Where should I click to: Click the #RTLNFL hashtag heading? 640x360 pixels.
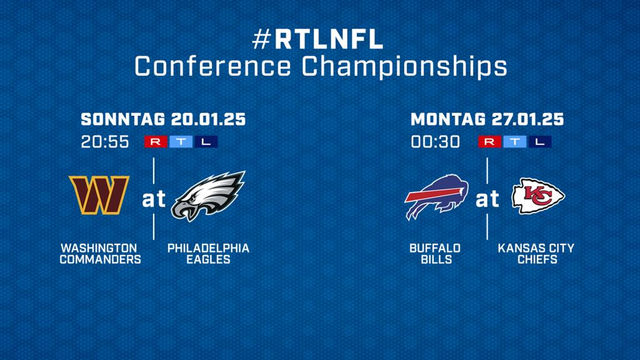[x=318, y=39]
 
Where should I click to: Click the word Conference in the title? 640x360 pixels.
[x=212, y=66]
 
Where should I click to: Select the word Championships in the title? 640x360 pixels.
[x=404, y=66]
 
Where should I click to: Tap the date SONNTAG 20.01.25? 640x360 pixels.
[x=163, y=119]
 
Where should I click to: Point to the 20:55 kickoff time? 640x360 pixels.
[x=105, y=142]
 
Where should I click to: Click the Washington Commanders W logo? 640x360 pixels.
[x=99, y=195]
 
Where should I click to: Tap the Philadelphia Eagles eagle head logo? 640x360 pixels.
[x=208, y=196]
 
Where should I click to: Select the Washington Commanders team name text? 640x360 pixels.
[x=101, y=254]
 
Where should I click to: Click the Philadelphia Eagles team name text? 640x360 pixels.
[x=208, y=254]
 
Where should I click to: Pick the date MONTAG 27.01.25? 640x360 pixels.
[x=487, y=119]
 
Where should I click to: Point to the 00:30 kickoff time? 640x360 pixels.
[x=435, y=142]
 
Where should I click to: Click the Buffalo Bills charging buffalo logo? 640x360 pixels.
[x=436, y=197]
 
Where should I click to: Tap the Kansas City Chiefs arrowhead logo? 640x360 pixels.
[x=538, y=196]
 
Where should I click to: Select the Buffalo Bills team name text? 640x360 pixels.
[x=435, y=254]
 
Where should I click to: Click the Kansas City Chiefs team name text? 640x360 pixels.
[x=536, y=254]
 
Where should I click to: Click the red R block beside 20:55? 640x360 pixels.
[x=156, y=142]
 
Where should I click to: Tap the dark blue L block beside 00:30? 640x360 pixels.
[x=540, y=142]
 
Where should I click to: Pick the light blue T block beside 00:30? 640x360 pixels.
[x=515, y=142]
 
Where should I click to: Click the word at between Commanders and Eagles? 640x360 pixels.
[x=154, y=199]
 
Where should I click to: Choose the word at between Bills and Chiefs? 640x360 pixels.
[x=487, y=199]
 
